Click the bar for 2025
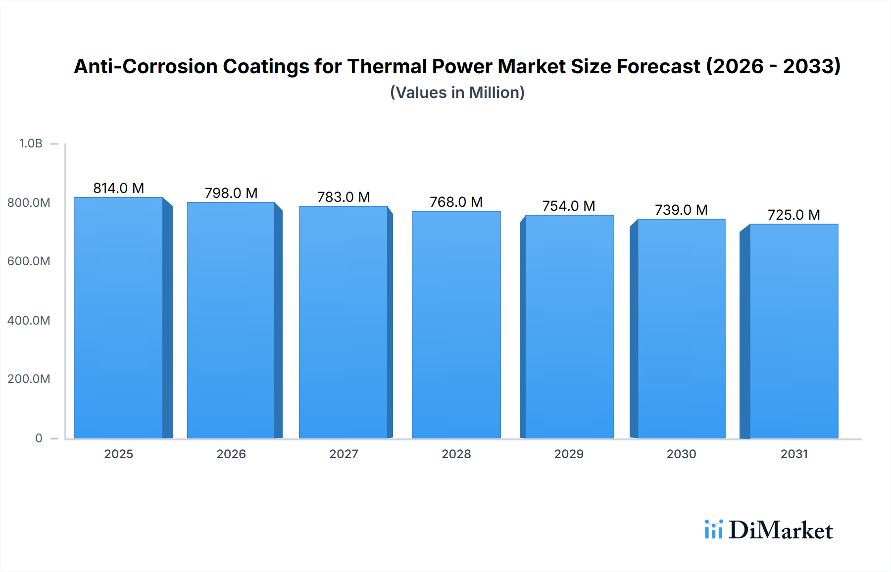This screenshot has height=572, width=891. (119, 318)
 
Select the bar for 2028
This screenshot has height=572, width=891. (456, 325)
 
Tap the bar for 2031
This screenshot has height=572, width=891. (794, 331)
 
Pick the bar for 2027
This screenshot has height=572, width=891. (343, 322)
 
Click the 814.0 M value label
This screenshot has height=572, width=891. (119, 188)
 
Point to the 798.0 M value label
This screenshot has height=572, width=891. (231, 193)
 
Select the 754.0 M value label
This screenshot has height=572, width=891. (569, 206)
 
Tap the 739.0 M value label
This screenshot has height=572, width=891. (681, 210)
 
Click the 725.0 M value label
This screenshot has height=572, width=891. (793, 215)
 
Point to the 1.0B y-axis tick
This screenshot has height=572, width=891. (31, 143)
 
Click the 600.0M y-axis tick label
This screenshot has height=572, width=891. (29, 261)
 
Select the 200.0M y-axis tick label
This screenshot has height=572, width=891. (29, 379)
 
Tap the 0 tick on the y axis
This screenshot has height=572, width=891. (39, 438)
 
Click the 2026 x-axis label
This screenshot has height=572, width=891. (231, 454)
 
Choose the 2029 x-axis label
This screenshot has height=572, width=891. (569, 454)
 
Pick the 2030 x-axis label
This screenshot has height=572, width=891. (681, 454)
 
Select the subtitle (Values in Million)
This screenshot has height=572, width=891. (457, 93)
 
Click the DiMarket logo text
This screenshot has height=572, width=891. (781, 530)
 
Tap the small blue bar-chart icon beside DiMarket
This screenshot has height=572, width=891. (713, 529)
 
